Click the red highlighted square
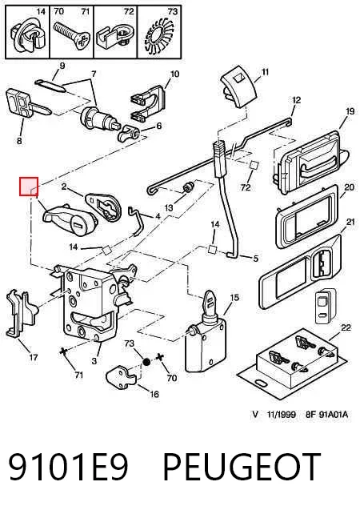29,187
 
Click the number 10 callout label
175,74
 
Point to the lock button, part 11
238,90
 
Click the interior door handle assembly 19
310,160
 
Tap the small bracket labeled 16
121,377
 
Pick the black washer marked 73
146,362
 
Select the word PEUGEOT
241,468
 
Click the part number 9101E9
68,468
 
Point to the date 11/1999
282,415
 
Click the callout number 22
346,327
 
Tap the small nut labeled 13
188,187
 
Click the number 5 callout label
256,259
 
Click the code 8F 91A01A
326,415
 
